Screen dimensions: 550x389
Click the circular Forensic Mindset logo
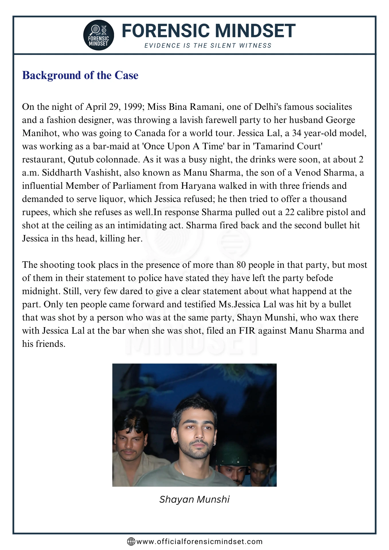(99, 35)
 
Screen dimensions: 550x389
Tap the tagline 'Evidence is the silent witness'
(208, 46)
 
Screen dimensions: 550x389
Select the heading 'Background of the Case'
(80, 75)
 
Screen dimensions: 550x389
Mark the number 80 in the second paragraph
(241, 265)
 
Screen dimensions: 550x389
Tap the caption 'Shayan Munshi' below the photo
(194, 499)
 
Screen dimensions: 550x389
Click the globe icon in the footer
(131, 542)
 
